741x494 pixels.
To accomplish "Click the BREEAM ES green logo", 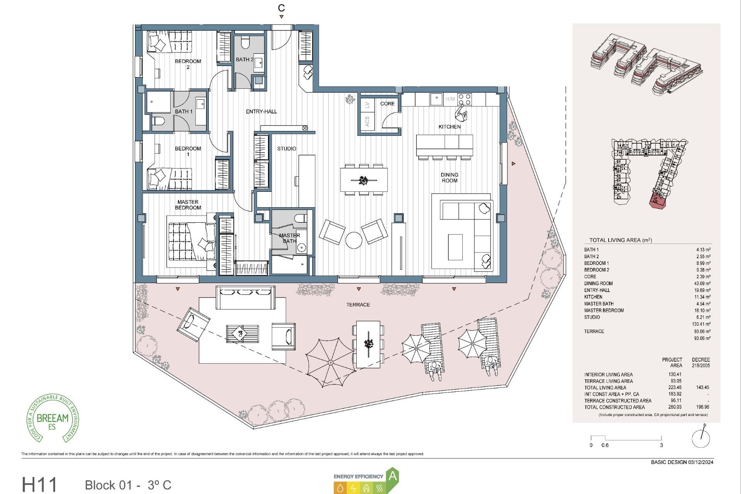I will tap(52, 418).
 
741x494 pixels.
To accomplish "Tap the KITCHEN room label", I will tap(449, 127).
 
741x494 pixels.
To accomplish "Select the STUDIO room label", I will tap(286, 149).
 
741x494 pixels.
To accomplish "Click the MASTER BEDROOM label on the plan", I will tap(188, 205).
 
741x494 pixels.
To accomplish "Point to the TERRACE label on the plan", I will tap(358, 305).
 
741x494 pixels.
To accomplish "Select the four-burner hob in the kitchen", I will tap(464, 99).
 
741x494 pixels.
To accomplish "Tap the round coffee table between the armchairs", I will tap(354, 240).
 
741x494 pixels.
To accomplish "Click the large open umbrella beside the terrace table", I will tap(330, 362).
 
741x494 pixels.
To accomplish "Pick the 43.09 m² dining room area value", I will tap(702, 283).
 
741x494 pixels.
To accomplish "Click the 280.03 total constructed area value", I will tap(675, 407).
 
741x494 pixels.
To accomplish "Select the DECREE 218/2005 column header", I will tap(700, 362).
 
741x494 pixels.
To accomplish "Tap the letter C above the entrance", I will tap(281, 8).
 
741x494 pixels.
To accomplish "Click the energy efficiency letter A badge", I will tap(392, 476).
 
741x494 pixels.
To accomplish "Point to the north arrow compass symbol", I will tap(701, 438).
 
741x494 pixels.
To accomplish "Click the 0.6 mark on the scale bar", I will tap(605, 445).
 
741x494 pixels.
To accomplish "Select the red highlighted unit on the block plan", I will tap(657, 201).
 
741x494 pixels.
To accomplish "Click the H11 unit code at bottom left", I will tap(39, 485).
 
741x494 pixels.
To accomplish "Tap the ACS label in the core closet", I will tap(367, 121).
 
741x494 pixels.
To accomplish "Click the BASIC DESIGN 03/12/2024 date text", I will tap(682, 462).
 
